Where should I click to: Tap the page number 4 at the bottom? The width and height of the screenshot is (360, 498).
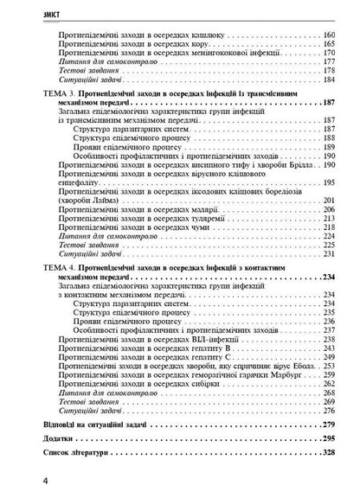(10, 480)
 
